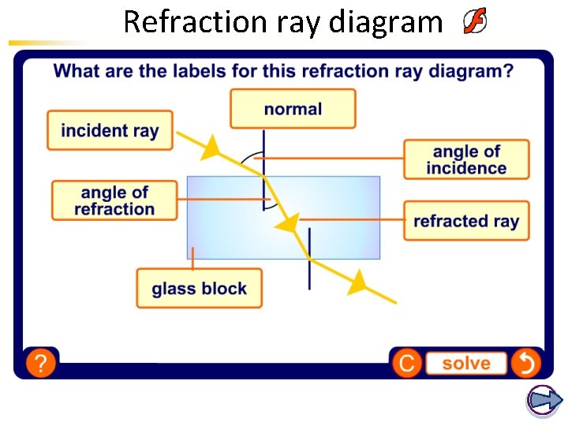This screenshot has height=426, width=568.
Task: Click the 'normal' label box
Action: click(293, 109)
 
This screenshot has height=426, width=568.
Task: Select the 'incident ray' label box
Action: click(110, 130)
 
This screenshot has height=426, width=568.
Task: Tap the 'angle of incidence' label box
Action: click(466, 159)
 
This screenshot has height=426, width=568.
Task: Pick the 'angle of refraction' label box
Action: click(114, 200)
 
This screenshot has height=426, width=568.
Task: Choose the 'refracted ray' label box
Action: click(466, 221)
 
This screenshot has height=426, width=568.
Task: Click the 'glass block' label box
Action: click(199, 289)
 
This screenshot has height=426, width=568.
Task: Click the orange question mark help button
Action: click(41, 363)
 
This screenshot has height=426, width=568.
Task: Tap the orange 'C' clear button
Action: click(406, 363)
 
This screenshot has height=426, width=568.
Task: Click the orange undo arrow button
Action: click(525, 363)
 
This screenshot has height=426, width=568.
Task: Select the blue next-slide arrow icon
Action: click(544, 400)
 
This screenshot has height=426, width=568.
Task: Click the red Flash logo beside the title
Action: click(474, 22)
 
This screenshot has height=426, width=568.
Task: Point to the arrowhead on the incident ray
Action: click(211, 148)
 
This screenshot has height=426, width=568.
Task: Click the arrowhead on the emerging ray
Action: click(358, 280)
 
